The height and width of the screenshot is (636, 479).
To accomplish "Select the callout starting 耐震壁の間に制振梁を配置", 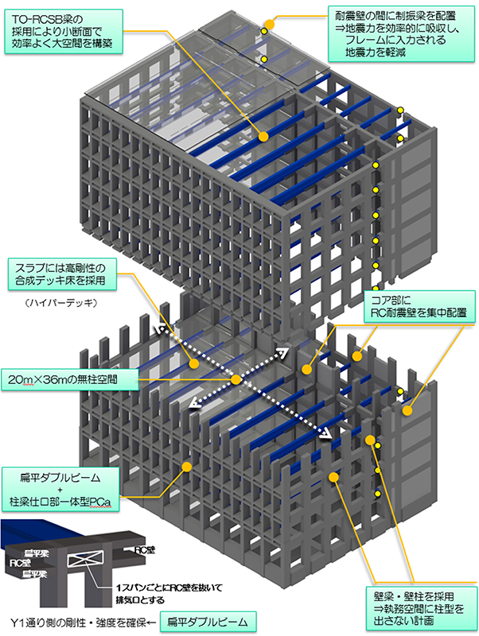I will tap(402, 33).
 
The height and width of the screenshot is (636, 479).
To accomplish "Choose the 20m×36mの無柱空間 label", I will tap(68, 379).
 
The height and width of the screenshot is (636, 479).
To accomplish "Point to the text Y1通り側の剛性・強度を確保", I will tap(76, 620).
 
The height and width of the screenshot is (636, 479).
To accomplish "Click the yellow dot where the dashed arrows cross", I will tap(236, 380).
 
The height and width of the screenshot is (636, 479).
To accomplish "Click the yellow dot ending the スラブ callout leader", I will tap(193, 363).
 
